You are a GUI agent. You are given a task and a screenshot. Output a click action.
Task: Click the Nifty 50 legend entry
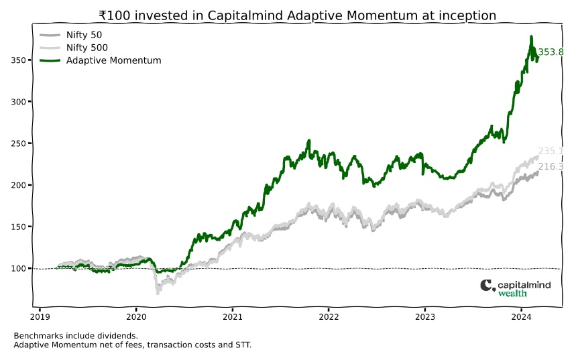click(70, 35)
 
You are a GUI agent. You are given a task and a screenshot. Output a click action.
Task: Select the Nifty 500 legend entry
click(74, 48)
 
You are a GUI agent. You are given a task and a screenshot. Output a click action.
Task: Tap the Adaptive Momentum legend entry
click(101, 60)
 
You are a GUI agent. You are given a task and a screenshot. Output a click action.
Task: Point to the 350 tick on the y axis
click(18, 60)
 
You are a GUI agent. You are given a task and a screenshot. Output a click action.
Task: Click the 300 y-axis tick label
click(18, 102)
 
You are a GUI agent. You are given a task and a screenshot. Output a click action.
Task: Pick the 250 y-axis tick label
click(18, 143)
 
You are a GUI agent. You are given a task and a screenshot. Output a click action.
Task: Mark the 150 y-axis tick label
click(18, 227)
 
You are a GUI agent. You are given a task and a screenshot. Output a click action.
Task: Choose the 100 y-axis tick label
click(18, 269)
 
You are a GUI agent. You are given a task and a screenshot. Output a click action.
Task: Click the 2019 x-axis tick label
click(40, 317)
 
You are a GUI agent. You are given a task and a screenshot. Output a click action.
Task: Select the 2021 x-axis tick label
click(233, 317)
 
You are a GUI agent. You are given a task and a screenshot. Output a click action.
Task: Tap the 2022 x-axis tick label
click(329, 317)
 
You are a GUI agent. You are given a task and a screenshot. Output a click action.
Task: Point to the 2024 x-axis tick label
click(521, 317)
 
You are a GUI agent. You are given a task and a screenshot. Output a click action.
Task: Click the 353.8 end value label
click(551, 52)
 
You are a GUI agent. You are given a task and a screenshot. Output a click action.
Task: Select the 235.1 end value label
click(551, 151)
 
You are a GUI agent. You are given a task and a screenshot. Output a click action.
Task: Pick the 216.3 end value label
click(551, 167)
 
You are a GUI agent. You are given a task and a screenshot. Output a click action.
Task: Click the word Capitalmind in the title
click(245, 15)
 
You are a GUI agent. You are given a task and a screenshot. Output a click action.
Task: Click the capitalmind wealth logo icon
click(487, 286)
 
